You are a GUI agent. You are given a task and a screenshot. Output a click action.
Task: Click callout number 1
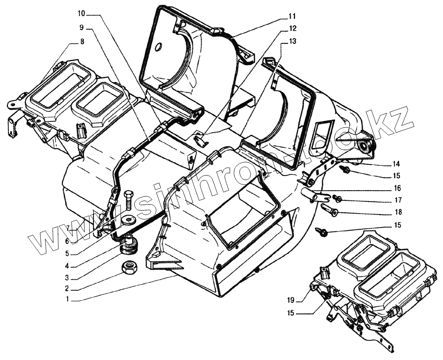[67, 299]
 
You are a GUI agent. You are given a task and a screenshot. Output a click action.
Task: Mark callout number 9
[82, 28]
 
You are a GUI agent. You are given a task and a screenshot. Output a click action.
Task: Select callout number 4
[67, 266]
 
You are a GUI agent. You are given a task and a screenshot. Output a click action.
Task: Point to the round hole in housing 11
[159, 45]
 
